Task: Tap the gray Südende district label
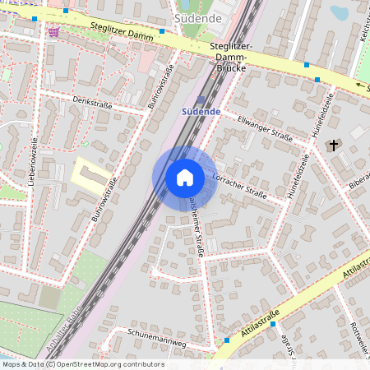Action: (x=197, y=16)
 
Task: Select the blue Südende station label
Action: (x=201, y=110)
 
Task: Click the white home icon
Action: (x=185, y=178)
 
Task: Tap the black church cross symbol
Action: (x=334, y=146)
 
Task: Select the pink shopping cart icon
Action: (x=54, y=32)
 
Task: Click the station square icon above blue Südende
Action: (x=200, y=98)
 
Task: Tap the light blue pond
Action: (x=338, y=12)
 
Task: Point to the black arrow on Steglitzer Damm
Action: (x=358, y=85)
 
